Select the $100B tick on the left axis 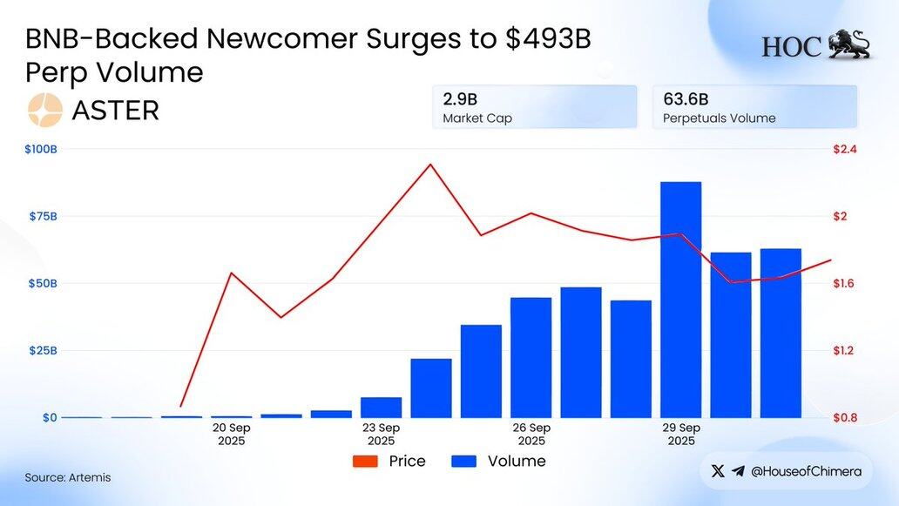click(40, 150)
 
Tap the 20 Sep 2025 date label click(232, 434)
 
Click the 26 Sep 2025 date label click(531, 434)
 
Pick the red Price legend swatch click(365, 462)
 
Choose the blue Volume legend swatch click(463, 462)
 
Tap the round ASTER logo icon click(45, 111)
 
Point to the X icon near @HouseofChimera click(718, 471)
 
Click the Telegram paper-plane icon click(739, 471)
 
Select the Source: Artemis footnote click(68, 477)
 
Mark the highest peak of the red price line click(429, 164)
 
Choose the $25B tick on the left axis click(41, 350)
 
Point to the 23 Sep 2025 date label click(382, 434)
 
